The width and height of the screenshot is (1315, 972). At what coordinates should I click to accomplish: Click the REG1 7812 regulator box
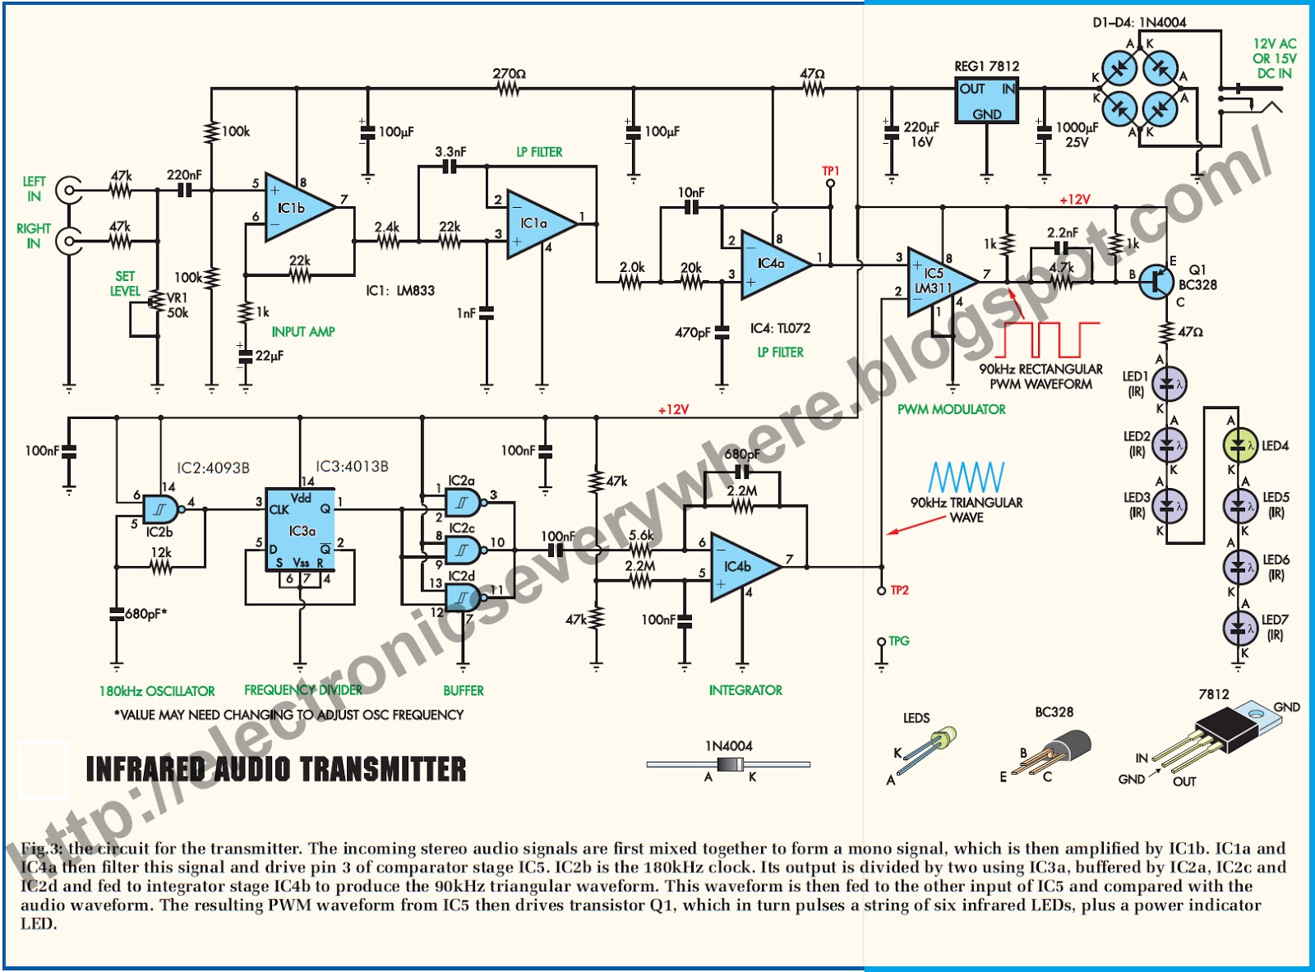tap(987, 100)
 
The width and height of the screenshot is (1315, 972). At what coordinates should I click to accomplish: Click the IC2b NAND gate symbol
tap(161, 510)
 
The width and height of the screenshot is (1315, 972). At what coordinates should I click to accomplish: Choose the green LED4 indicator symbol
tap(1239, 446)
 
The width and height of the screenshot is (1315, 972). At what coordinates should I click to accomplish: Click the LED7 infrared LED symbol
tap(1239, 629)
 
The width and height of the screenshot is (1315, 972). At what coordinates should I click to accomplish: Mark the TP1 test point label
tap(831, 171)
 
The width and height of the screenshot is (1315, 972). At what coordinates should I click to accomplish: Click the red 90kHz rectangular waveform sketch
tap(1052, 339)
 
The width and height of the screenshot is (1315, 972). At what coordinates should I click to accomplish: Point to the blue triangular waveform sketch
tap(966, 477)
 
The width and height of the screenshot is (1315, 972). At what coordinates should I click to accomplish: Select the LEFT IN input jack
tap(69, 191)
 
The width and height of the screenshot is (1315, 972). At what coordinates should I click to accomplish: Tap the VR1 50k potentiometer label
tap(178, 305)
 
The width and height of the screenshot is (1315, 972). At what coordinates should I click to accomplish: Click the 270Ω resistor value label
tap(509, 74)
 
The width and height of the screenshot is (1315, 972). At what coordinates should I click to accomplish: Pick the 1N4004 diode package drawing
tap(728, 765)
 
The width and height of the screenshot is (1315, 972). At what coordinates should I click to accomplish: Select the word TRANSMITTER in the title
tap(383, 770)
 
